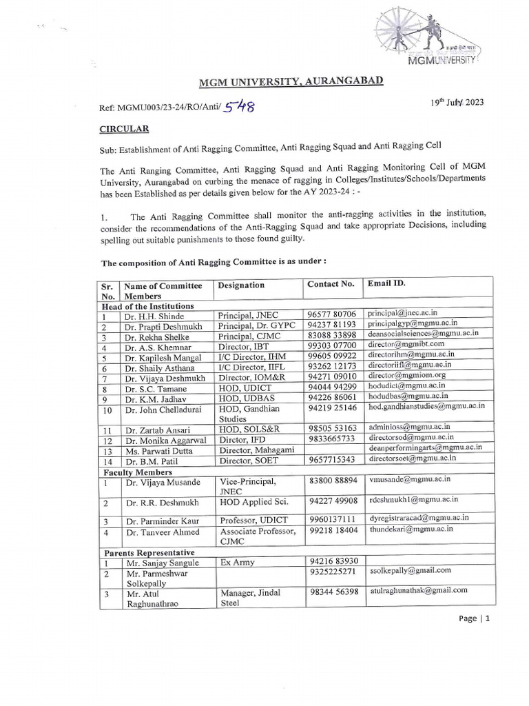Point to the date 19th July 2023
coord(456,102)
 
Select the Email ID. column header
coord(386,283)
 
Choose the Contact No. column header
coord(330,283)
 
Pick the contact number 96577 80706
coord(333,314)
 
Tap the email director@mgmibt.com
coord(406,343)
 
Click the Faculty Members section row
coord(138,472)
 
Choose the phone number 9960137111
coord(333,518)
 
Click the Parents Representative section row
coord(149,553)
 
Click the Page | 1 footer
coord(473,618)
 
